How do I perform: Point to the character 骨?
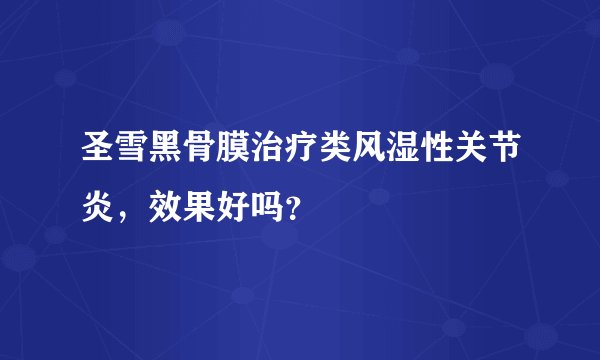193,156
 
